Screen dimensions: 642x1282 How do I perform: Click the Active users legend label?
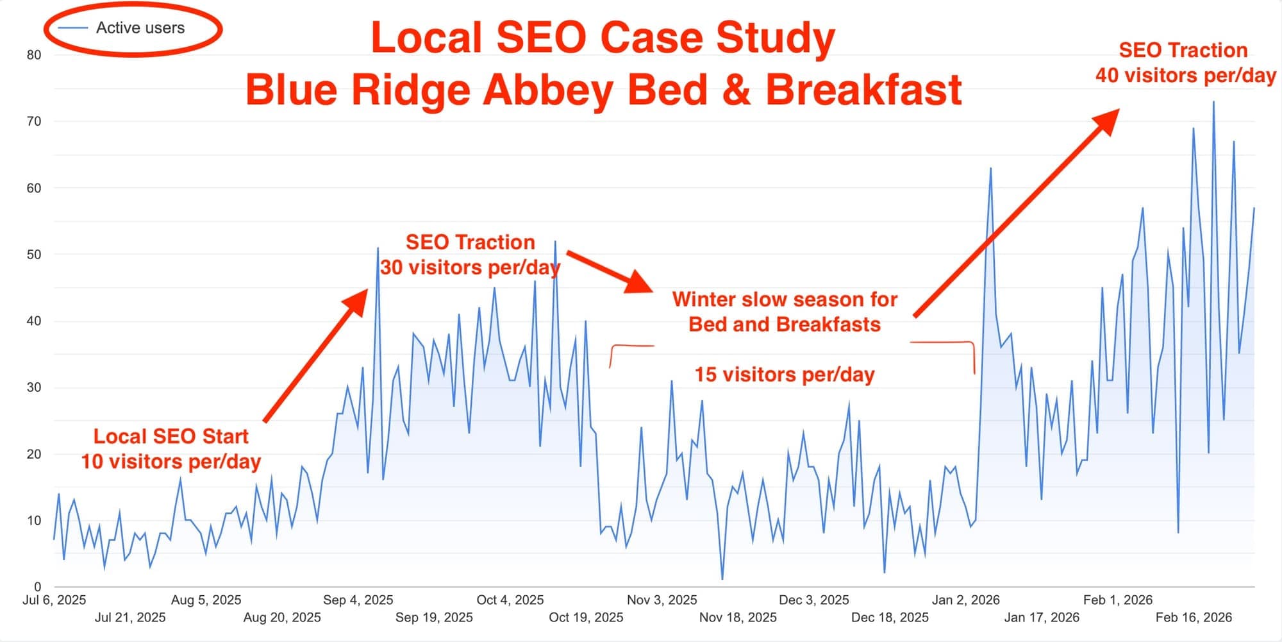pyautogui.click(x=140, y=28)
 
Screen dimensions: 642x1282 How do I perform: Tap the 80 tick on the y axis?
pyautogui.click(x=34, y=55)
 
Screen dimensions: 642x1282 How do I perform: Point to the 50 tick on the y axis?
pyautogui.click(x=34, y=255)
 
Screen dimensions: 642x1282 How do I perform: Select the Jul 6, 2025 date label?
pyautogui.click(x=54, y=600)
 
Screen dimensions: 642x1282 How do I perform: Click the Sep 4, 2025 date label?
pyautogui.click(x=358, y=600)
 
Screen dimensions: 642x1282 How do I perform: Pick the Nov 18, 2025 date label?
pyautogui.click(x=738, y=618)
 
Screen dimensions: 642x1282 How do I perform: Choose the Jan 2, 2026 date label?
pyautogui.click(x=965, y=600)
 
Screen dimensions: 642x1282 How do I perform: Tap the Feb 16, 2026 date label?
pyautogui.click(x=1194, y=618)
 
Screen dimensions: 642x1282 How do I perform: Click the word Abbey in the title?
pyautogui.click(x=548, y=90)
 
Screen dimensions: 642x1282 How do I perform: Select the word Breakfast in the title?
pyautogui.click(x=863, y=90)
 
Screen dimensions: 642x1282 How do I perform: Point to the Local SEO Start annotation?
pyautogui.click(x=171, y=437)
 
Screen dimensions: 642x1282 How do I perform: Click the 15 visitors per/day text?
pyautogui.click(x=785, y=375)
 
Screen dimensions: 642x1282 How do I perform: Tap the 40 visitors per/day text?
pyautogui.click(x=1185, y=76)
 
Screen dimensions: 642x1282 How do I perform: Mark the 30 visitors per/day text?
pyautogui.click(x=470, y=267)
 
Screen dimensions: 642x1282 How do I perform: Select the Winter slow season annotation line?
pyautogui.click(x=785, y=300)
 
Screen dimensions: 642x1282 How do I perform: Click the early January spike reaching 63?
pyautogui.click(x=990, y=169)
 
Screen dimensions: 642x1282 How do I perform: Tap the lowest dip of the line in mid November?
pyautogui.click(x=722, y=579)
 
